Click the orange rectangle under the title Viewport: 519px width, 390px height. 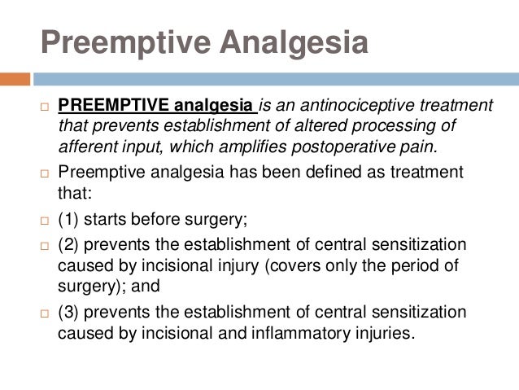click(x=15, y=79)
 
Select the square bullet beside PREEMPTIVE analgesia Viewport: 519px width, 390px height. click(x=44, y=107)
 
